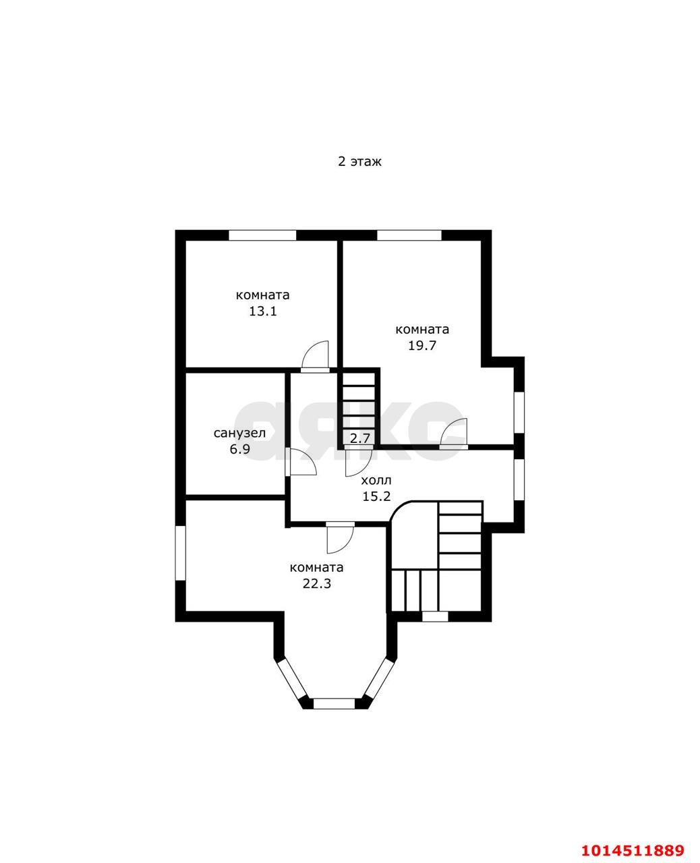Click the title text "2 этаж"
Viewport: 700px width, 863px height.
click(x=359, y=162)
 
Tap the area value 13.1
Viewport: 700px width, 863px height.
click(x=262, y=311)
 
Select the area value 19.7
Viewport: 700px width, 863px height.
click(x=422, y=346)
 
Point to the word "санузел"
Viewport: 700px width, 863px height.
click(x=239, y=434)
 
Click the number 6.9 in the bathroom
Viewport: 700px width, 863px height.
click(x=240, y=449)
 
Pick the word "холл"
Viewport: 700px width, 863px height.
click(x=376, y=481)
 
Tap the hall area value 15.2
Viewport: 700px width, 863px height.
click(x=376, y=496)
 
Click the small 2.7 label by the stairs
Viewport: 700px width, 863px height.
click(x=360, y=438)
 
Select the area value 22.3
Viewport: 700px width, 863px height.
click(x=316, y=583)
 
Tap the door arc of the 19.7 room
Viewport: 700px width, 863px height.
click(x=454, y=432)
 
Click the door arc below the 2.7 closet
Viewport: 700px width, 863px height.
click(x=359, y=463)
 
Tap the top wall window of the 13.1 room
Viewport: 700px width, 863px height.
click(x=262, y=235)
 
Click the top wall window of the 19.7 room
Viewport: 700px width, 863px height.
click(x=409, y=235)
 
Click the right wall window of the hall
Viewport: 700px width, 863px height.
click(x=519, y=479)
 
